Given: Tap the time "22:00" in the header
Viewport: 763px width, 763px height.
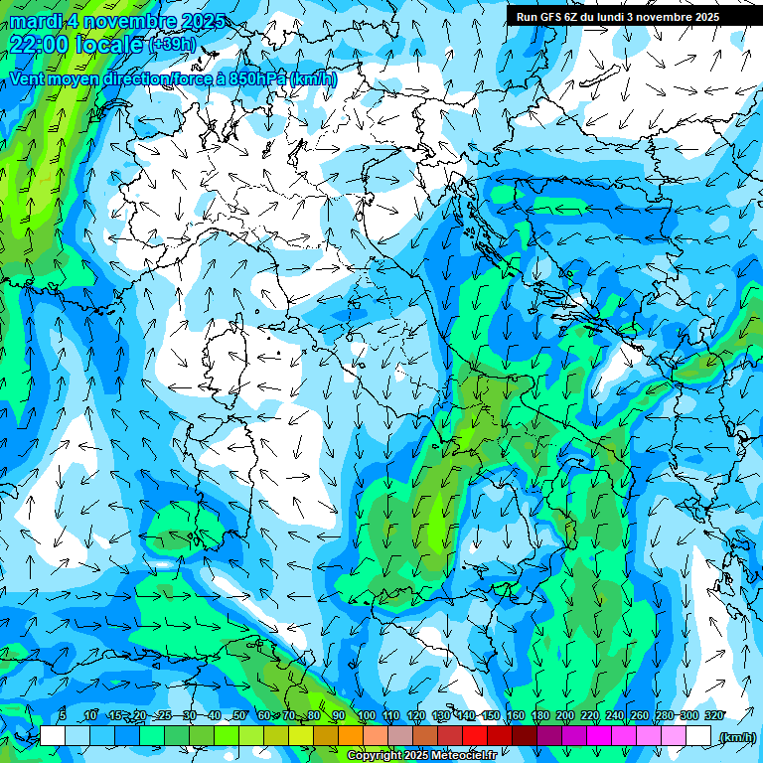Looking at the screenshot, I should pos(39,45).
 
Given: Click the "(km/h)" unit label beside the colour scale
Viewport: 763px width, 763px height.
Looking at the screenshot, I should pos(736,737).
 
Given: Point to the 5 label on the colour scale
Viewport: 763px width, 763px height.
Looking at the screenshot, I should pos(63,715).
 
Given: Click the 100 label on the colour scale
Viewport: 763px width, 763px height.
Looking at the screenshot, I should pos(367,715).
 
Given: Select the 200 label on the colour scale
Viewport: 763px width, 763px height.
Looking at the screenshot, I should pos(565,715).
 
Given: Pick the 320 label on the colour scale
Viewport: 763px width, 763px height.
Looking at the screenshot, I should pos(714,715).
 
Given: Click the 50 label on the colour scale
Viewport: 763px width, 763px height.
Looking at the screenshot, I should pos(239,715).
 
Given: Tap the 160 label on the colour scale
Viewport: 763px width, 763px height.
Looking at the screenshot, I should pos(516,715).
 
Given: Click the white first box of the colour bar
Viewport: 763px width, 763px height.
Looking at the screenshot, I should pos(53,735).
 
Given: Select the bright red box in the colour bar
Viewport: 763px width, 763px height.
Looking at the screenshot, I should pos(475,735).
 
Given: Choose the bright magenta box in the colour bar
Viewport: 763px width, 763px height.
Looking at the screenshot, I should pos(599,735).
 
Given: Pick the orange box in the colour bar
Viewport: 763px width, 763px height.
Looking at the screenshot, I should pos(351,735).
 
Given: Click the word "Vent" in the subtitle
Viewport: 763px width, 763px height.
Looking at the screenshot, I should pos(29,78).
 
